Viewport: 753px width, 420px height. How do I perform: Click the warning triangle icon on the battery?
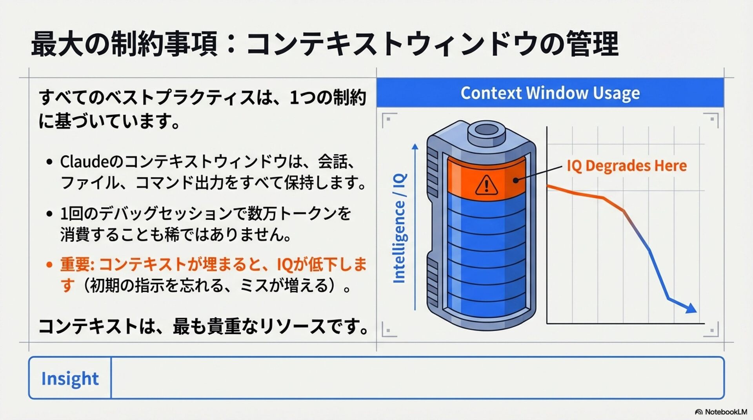click(x=486, y=185)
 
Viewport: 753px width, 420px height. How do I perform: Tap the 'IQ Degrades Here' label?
click(x=626, y=166)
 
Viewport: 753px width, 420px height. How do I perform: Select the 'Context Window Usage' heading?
click(x=550, y=93)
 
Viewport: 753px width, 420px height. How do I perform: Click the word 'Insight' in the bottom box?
click(x=70, y=378)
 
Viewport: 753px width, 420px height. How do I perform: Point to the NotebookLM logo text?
click(x=726, y=412)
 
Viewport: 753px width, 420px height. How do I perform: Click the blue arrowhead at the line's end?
click(x=691, y=308)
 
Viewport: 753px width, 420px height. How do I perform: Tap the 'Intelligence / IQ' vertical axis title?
click(x=399, y=228)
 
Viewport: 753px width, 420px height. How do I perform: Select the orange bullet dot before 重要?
click(x=49, y=265)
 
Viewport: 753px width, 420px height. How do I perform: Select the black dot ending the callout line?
click(x=516, y=180)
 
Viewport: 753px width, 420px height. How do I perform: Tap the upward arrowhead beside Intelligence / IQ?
click(x=415, y=147)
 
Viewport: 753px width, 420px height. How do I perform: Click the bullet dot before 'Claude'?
click(x=49, y=162)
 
